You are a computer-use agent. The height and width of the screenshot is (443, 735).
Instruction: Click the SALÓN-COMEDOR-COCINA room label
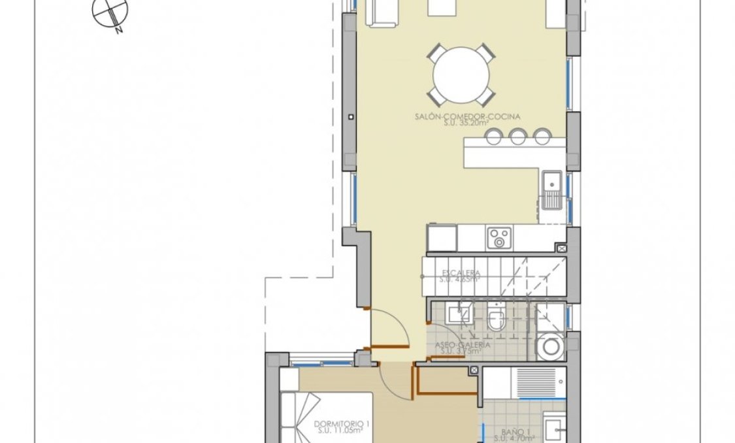pyautogui.click(x=457, y=117)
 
